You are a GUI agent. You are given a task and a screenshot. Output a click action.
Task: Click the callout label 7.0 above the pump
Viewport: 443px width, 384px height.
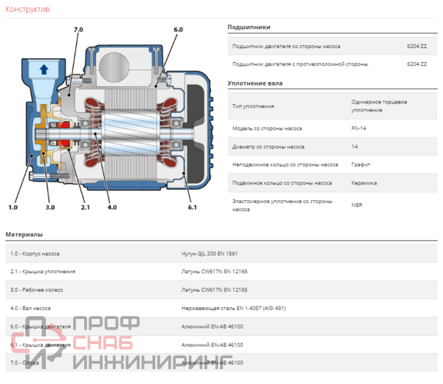click(78, 29)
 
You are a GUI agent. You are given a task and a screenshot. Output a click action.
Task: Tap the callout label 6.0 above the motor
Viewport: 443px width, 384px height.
click(178, 29)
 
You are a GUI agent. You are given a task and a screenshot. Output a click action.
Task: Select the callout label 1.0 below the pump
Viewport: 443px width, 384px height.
click(13, 208)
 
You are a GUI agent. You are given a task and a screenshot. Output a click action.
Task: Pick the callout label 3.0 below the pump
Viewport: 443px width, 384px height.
click(49, 208)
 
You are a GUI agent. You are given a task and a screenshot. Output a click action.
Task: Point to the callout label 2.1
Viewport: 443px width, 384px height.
click(85, 208)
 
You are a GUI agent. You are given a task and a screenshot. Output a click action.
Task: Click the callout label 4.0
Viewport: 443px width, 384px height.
click(112, 208)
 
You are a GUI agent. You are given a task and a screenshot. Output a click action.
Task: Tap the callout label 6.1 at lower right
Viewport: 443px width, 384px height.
click(193, 208)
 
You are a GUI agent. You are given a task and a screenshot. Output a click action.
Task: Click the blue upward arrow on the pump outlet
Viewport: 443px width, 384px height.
click(43, 70)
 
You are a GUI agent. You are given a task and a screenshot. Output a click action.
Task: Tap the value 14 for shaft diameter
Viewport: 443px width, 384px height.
click(355, 146)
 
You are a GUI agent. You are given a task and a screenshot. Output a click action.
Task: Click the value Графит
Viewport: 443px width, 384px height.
click(363, 165)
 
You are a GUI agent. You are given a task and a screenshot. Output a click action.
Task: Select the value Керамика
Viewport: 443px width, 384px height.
click(365, 183)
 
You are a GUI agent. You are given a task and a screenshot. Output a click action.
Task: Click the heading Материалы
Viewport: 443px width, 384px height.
click(24, 234)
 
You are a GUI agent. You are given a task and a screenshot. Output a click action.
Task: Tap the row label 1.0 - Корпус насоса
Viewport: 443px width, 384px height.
click(35, 253)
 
